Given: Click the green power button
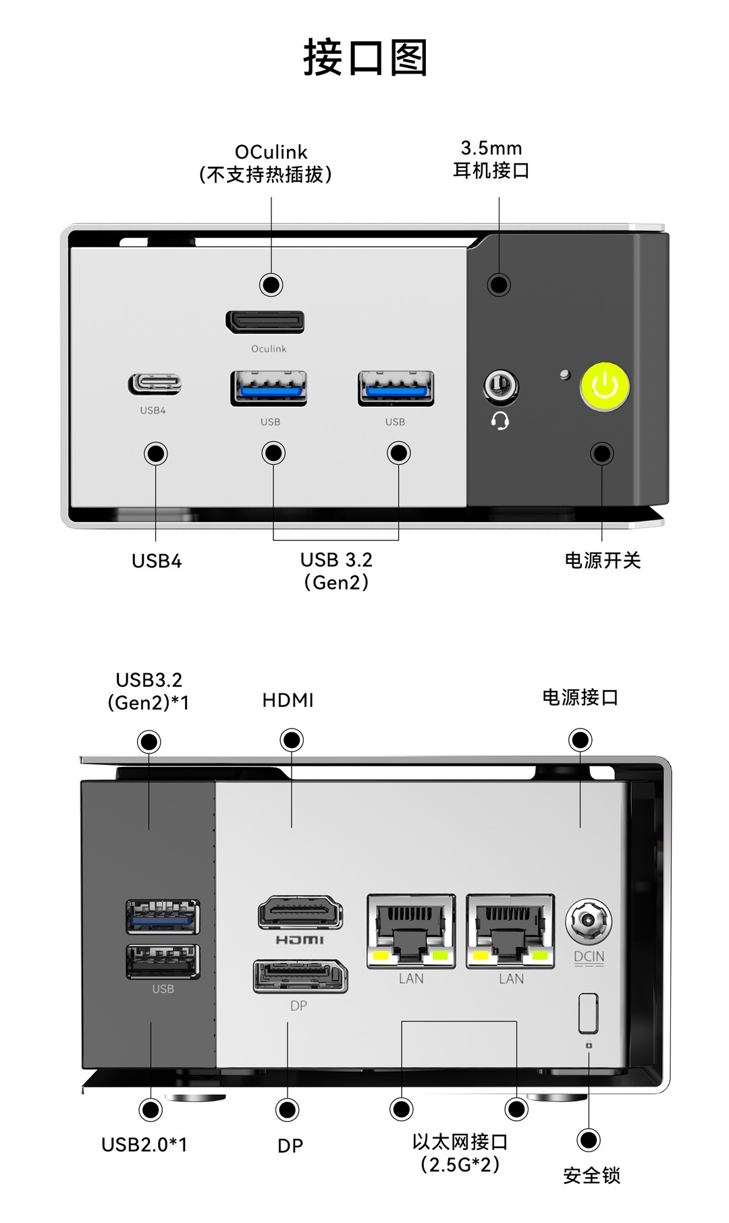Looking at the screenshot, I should (x=605, y=387).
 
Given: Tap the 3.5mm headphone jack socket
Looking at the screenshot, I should (x=500, y=387).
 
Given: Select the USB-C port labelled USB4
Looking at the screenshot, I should (x=155, y=385).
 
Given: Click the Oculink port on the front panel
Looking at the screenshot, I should (x=265, y=322).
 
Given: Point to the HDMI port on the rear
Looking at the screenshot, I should (x=300, y=913).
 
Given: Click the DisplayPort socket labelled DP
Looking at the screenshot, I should (x=300, y=976).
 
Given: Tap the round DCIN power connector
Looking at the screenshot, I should (x=589, y=921).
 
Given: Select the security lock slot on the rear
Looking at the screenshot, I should (x=588, y=1013).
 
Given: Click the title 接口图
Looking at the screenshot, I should (x=365, y=58).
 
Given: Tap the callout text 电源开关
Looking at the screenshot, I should (x=602, y=561).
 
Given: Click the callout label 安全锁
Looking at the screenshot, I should (x=591, y=1176).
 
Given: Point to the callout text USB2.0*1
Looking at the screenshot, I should (x=144, y=1145).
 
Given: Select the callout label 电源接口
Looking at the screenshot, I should (x=580, y=698).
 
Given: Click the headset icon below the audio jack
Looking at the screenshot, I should (x=500, y=422).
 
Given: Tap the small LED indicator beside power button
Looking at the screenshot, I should (x=565, y=374).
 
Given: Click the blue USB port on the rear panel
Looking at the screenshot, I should (x=163, y=917).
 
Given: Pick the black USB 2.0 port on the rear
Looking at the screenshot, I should (x=163, y=961).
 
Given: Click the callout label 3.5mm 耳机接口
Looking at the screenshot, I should (x=491, y=159).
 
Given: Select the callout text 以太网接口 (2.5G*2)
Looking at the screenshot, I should (x=460, y=1153).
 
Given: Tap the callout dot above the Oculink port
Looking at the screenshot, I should (x=271, y=285).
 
